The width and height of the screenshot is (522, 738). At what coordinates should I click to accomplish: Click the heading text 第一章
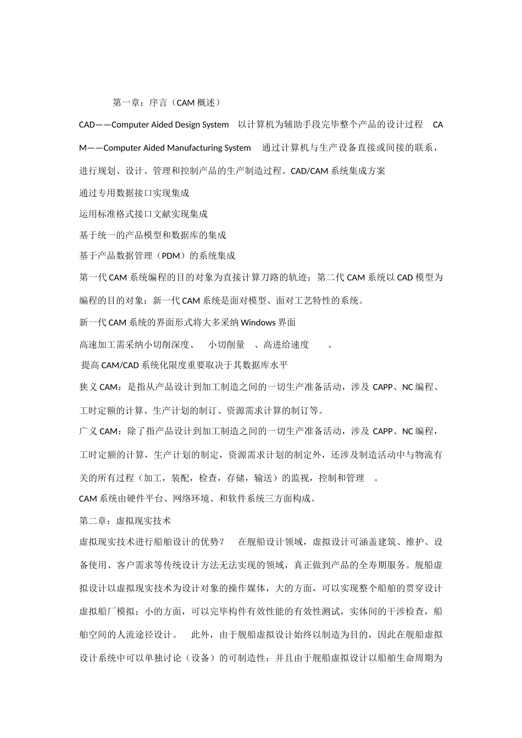[x=126, y=102]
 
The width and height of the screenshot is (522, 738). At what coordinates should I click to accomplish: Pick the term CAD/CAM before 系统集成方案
[x=309, y=171]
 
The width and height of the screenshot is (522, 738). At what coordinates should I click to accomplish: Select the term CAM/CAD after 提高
[x=120, y=365]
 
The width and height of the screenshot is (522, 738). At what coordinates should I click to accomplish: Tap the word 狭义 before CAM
[x=88, y=387]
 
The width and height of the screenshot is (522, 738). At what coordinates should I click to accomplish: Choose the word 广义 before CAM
[x=88, y=431]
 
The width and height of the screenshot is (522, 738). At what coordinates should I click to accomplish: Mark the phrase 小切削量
[x=226, y=345]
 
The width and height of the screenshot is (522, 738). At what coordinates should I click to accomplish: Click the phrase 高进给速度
[x=286, y=345]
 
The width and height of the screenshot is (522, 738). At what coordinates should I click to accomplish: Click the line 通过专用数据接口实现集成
[x=134, y=193]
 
